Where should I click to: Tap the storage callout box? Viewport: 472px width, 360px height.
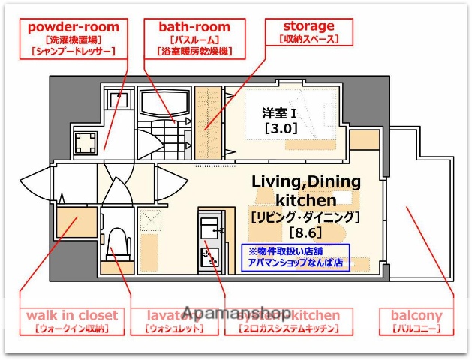tap(308, 31)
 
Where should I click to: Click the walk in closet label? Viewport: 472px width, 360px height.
tap(72, 321)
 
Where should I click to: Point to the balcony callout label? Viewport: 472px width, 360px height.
tap(416, 321)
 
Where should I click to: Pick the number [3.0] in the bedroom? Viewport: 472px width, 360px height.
tap(281, 128)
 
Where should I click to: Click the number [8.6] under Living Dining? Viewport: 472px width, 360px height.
tap(305, 232)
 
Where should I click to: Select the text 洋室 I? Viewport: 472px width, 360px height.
tap(280, 113)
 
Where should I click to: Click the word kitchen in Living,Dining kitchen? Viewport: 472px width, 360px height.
tap(305, 200)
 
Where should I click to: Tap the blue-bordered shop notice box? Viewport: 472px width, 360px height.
tap(295, 257)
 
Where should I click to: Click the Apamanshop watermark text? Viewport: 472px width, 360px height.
tap(236, 313)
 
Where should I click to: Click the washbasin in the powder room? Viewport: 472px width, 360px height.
tap(117, 100)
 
